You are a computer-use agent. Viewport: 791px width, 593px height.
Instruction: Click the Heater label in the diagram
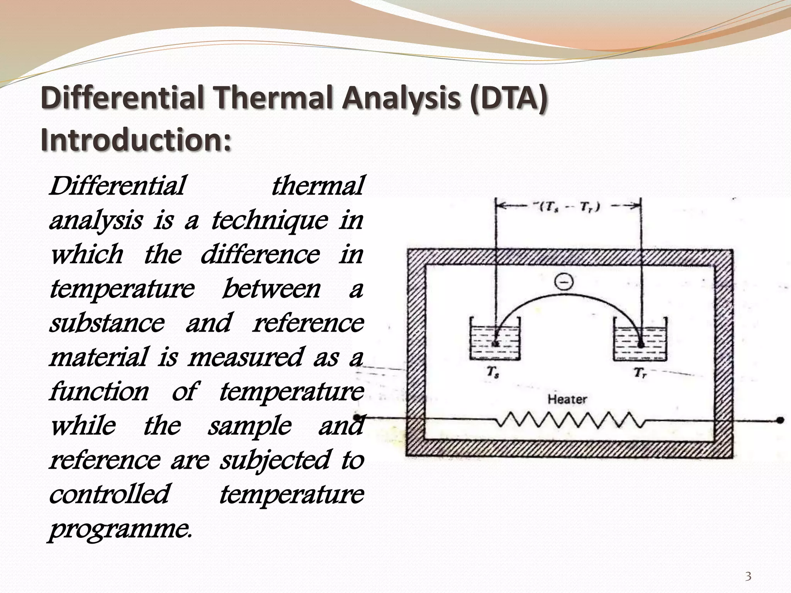[567, 399]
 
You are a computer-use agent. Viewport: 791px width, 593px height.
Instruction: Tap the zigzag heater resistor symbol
[569, 420]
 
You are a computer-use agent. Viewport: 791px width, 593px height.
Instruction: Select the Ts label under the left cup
[492, 373]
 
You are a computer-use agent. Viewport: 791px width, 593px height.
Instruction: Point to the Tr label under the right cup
[639, 373]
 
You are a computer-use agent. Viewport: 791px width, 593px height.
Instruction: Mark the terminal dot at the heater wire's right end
[780, 420]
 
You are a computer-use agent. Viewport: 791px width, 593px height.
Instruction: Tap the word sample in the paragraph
[250, 426]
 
